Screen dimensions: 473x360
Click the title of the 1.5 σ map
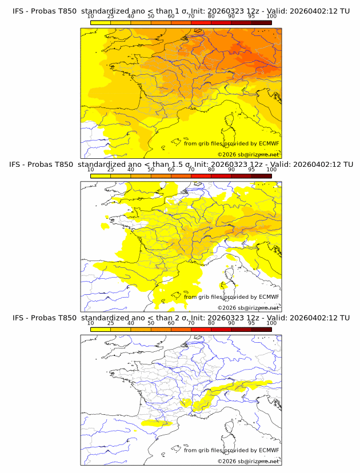tap(180, 165)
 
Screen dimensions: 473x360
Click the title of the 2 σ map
tap(180, 318)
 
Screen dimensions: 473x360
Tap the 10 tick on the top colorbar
tap(91, 16)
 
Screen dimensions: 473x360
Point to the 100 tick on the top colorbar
tap(271, 16)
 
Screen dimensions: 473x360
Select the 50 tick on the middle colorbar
tap(151, 170)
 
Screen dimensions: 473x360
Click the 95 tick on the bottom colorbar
tap(251, 323)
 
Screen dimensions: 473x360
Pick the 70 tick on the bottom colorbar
tap(191, 323)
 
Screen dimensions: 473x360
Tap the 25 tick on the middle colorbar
tap(111, 170)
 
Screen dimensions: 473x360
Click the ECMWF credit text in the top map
tap(231, 143)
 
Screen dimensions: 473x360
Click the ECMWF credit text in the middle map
tap(231, 296)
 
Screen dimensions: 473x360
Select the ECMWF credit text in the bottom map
tap(231, 450)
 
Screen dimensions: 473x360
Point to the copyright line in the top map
tap(248, 155)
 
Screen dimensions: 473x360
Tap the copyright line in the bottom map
tap(248, 462)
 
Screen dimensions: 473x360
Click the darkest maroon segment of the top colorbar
tap(261, 22)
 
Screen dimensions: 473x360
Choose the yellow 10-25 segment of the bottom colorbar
tap(101, 329)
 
